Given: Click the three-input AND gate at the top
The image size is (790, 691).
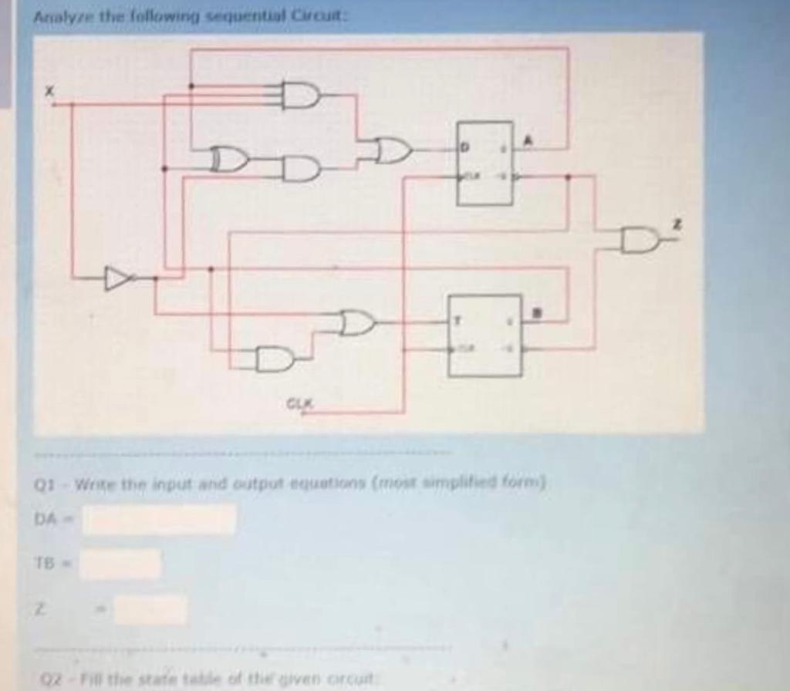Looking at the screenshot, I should [x=302, y=95].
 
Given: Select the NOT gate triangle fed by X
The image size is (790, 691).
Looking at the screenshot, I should [x=118, y=278].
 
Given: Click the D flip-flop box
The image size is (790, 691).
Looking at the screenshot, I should [x=484, y=163].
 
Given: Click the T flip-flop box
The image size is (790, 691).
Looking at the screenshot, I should [x=485, y=335].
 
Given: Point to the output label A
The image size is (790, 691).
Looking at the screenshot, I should [x=528, y=140].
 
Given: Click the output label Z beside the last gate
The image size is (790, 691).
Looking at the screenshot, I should [x=677, y=224].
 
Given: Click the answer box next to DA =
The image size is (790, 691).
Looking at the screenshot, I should [x=160, y=519].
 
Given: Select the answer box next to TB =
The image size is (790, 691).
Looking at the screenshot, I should [x=122, y=564].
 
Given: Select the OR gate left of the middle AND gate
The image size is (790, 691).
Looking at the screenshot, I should [x=231, y=160].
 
